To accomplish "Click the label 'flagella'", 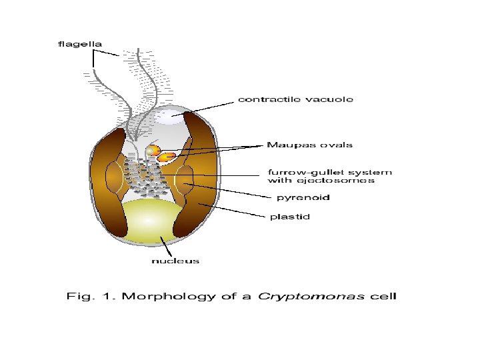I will tap(79, 44).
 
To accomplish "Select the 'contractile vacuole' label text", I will tap(296, 99).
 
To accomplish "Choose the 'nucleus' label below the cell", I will tap(175, 261).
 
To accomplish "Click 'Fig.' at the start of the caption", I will tap(79, 296).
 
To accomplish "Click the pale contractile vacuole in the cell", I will tap(171, 117).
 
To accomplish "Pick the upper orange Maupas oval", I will tap(154, 150).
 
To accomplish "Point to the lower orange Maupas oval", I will tap(167, 157).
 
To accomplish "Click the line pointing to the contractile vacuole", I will tap(207, 107).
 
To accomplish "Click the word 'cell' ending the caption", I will tap(385, 296).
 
